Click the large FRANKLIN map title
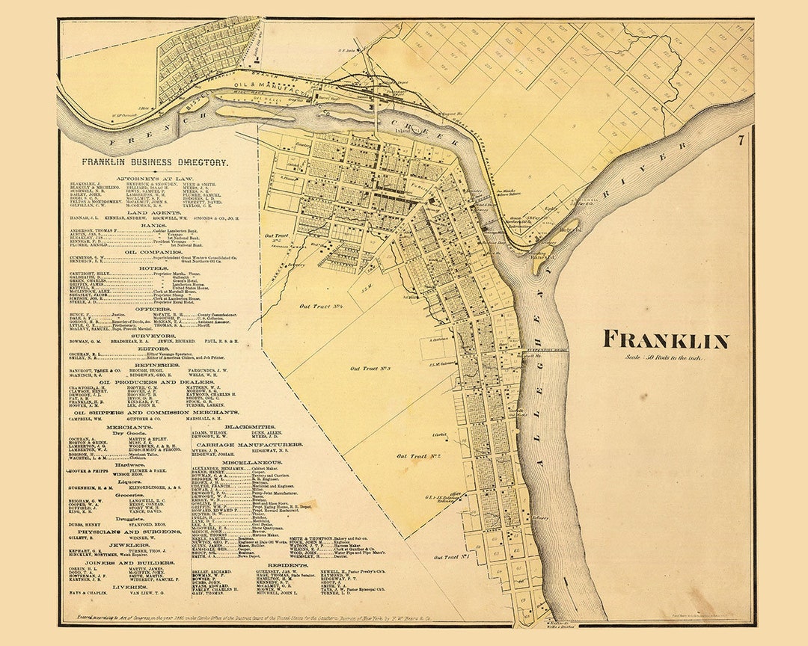[666, 340]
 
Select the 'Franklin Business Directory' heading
[156, 161]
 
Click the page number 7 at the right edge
[740, 140]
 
